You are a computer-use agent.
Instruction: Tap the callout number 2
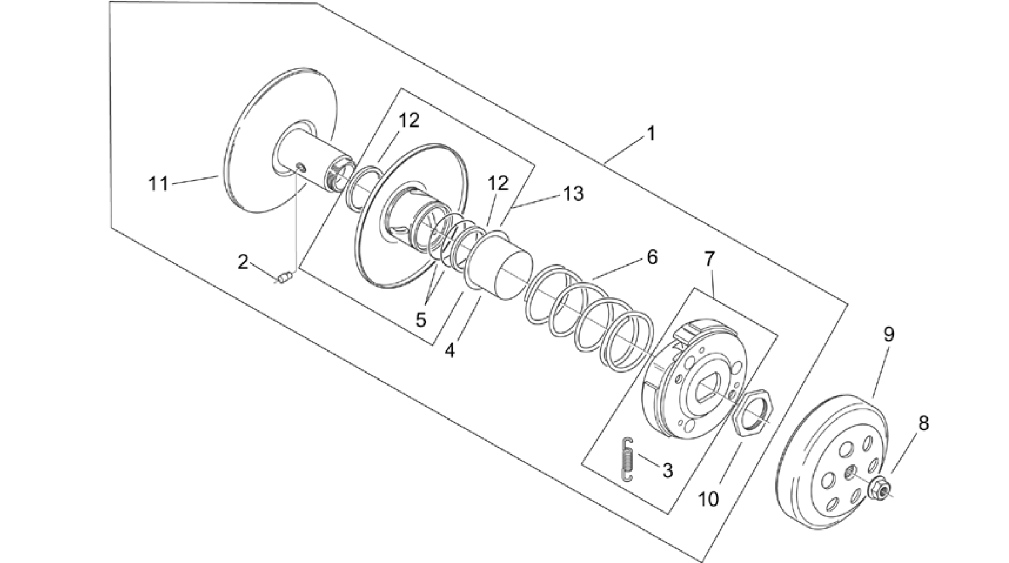click(x=243, y=262)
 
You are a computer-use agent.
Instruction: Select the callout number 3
click(x=667, y=471)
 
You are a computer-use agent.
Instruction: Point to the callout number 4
click(x=449, y=351)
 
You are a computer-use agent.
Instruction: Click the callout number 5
click(x=421, y=320)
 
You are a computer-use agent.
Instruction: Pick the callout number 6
click(x=652, y=257)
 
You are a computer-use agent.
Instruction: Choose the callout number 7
click(x=709, y=258)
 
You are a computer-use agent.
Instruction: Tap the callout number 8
click(x=923, y=423)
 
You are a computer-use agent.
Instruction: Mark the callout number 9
click(x=889, y=335)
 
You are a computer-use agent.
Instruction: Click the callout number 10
click(x=708, y=499)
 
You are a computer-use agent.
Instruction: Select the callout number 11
click(x=158, y=185)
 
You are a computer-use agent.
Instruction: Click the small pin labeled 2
click(x=284, y=279)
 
